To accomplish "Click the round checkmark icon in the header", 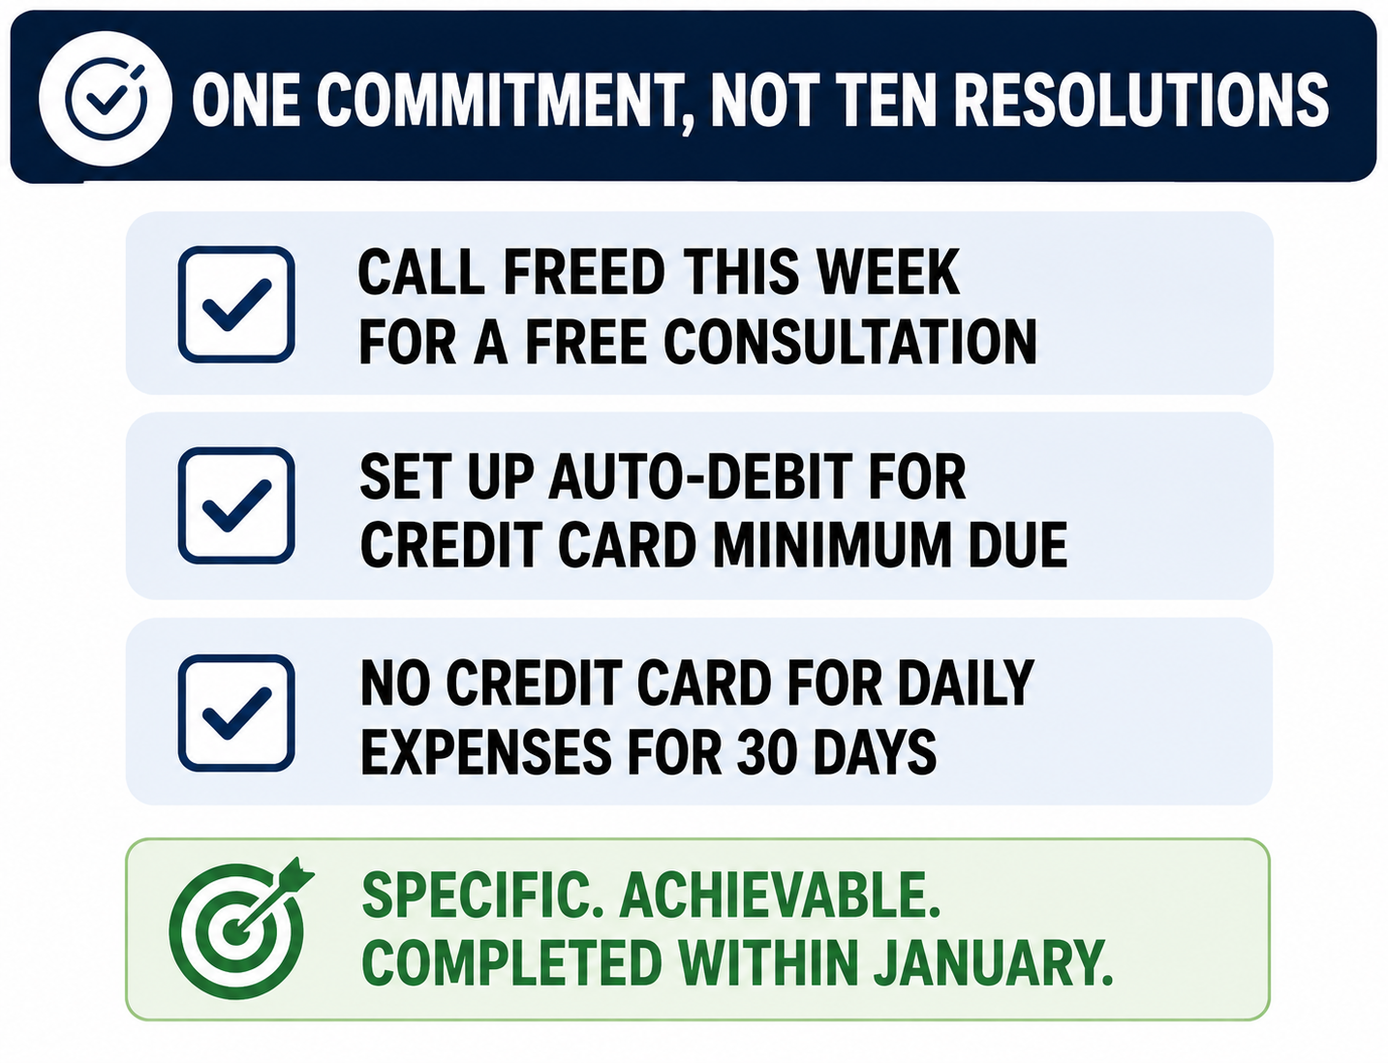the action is coord(106,99).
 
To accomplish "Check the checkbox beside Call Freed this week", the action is coord(236,305).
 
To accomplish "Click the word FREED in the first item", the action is coord(584,272).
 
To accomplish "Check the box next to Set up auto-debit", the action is coord(236,505).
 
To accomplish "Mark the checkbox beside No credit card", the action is coord(236,714).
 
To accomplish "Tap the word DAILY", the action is coord(966,683).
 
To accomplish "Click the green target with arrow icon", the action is coord(240,927).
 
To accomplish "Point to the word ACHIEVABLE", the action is coord(780,895).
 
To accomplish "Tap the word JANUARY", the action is coord(993,962).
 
